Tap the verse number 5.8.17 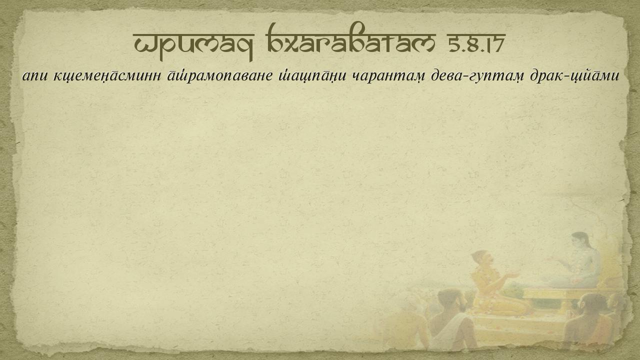point(476,43)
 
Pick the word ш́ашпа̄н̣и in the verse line point(312,75)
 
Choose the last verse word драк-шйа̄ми point(574,75)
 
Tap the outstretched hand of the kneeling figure point(513,275)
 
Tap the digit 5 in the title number point(453,43)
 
